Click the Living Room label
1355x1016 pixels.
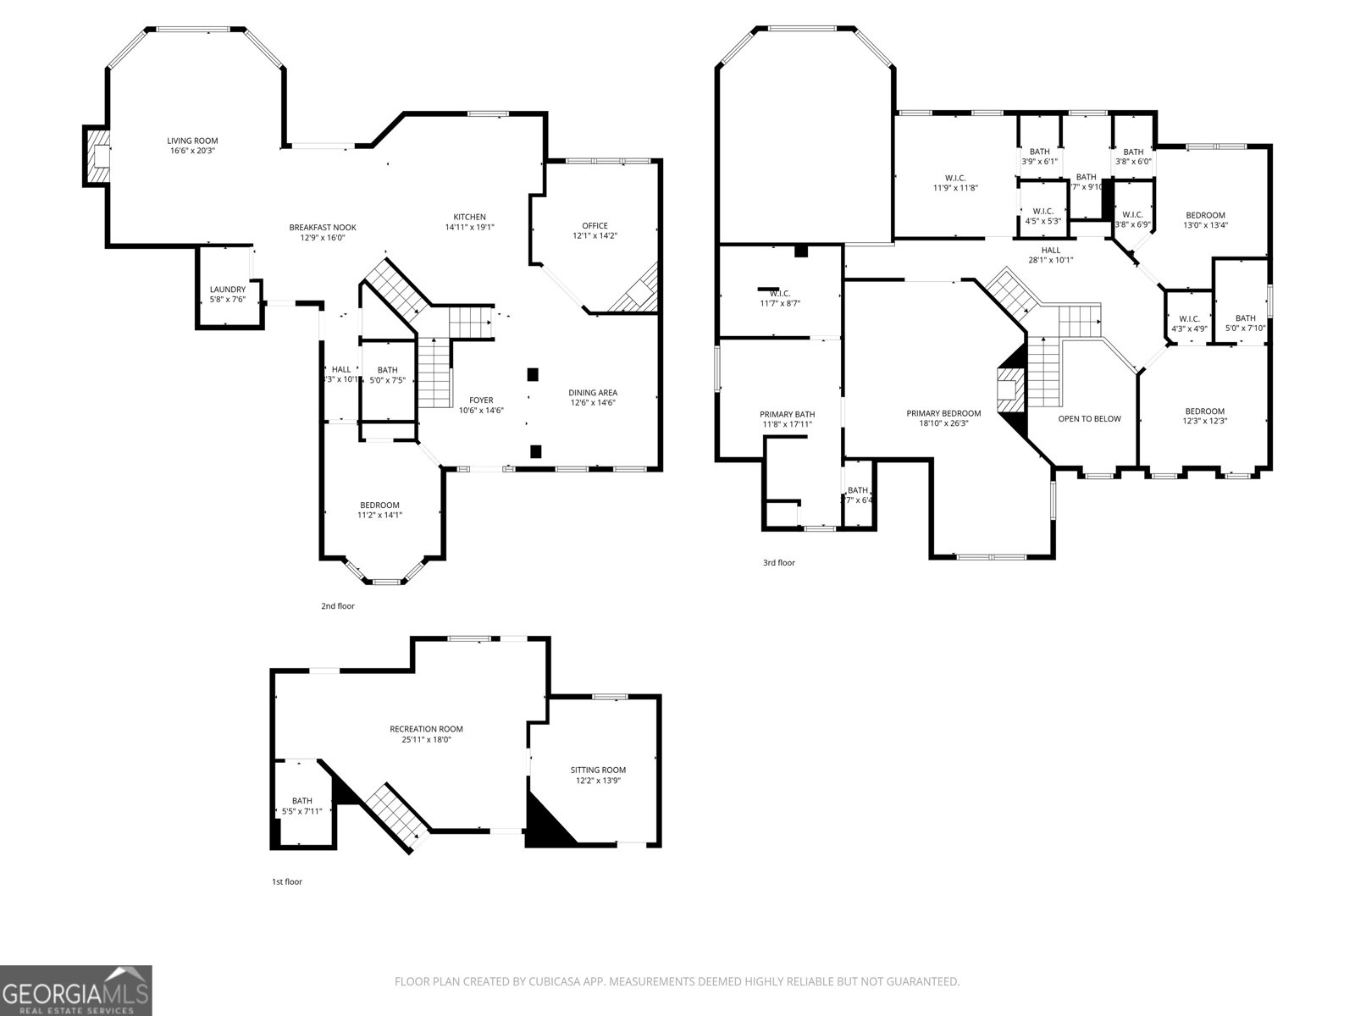tap(192, 141)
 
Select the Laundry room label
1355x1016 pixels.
tap(227, 290)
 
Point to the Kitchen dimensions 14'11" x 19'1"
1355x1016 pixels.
tap(469, 227)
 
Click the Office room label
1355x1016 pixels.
tap(595, 225)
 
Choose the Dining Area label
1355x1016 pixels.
tap(592, 392)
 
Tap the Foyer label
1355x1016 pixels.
tap(481, 400)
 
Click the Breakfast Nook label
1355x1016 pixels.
tap(322, 228)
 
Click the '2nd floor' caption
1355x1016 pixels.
tap(337, 606)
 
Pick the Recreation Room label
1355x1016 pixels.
tap(426, 729)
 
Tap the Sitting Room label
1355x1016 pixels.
tap(598, 770)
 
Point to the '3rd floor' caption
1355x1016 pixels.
tap(778, 562)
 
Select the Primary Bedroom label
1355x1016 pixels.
tap(943, 414)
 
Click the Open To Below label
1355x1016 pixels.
tap(1089, 418)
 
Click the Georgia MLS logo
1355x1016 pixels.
tap(75, 990)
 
